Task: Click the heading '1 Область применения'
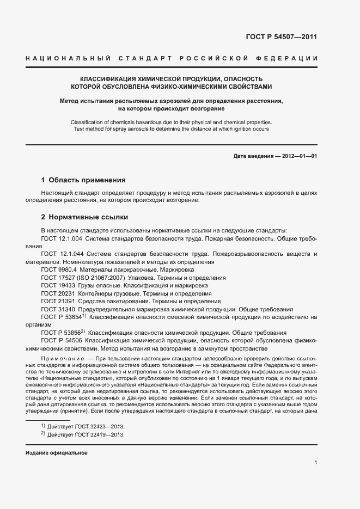[x=83, y=180]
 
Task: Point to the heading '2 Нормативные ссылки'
[x=84, y=216]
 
